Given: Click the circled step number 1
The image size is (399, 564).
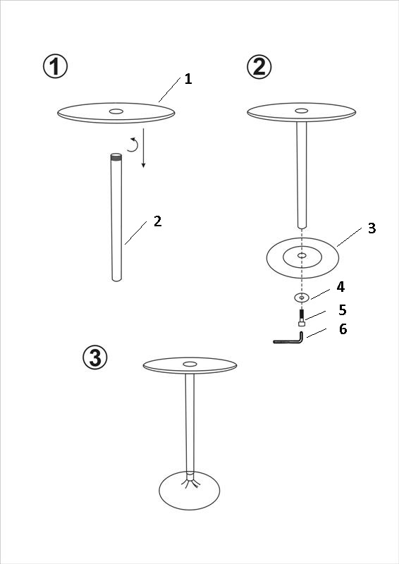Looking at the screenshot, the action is coord(56,66).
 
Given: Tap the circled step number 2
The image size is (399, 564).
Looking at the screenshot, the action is coord(259,66).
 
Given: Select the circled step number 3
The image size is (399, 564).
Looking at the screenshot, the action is coord(95,357).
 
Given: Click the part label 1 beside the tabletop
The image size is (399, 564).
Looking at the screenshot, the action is coord(188,79).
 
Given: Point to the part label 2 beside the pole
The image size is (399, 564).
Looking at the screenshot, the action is coord(158,221).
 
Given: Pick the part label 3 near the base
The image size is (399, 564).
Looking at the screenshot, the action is coord(372,228).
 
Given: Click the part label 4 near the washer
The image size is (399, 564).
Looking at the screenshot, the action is coord(340,287).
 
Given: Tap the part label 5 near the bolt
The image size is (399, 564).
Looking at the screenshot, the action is coord(343,309).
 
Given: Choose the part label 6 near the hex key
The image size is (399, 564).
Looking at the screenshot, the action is coord(343,329).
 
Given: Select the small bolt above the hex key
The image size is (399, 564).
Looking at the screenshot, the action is coord(302,318).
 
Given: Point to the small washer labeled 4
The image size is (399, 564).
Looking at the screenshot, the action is coord(302,298).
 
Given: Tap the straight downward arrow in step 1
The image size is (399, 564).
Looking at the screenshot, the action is coord(143,148).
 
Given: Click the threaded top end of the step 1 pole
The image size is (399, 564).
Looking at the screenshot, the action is coord(116,157).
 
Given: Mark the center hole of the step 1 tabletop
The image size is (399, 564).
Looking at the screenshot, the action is coord(116,111).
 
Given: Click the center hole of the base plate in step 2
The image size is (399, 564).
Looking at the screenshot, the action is coord(302,255).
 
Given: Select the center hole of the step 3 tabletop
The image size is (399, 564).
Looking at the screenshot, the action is coord(190,364).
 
